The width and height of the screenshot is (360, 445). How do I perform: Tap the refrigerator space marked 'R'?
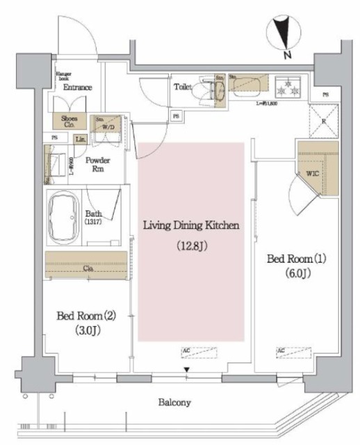(x=322, y=119)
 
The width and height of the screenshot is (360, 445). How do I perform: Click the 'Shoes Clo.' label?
(x=70, y=121)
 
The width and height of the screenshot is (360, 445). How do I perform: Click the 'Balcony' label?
(x=169, y=402)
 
